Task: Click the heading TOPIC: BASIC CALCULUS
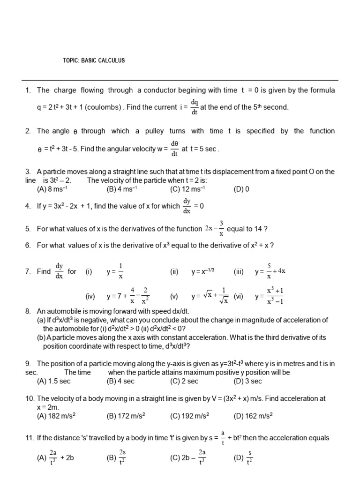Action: [x=94, y=61]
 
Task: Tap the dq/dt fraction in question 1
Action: [x=195, y=107]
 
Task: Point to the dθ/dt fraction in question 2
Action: [x=174, y=149]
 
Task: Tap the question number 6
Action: [x=28, y=245]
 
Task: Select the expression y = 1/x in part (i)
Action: [x=115, y=271]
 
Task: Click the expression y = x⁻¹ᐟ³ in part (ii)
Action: [x=203, y=271]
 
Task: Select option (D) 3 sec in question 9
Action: [x=248, y=381]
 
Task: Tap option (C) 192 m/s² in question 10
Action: [x=190, y=415]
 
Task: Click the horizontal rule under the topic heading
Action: [x=180, y=80]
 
